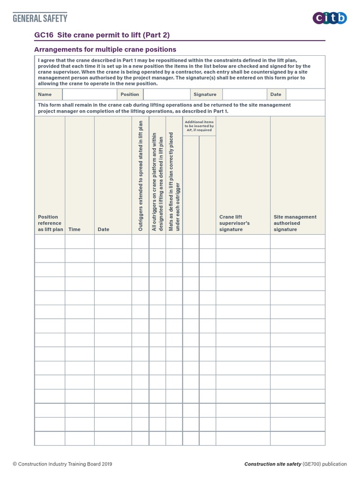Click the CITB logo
(x=330, y=18)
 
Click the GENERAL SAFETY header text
(x=40, y=18)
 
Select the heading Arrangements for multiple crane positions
(x=105, y=49)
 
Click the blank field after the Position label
(x=166, y=94)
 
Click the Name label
(x=45, y=94)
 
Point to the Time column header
(x=75, y=230)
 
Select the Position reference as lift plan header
(x=50, y=223)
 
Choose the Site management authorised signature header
(x=295, y=223)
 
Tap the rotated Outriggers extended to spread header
(x=140, y=176)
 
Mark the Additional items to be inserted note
(x=199, y=126)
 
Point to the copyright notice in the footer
(x=62, y=464)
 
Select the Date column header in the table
(x=104, y=230)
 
